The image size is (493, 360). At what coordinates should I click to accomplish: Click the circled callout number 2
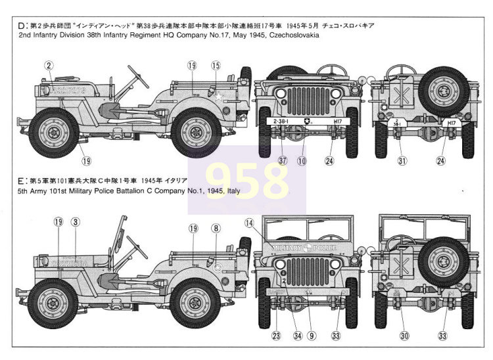[49, 64]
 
